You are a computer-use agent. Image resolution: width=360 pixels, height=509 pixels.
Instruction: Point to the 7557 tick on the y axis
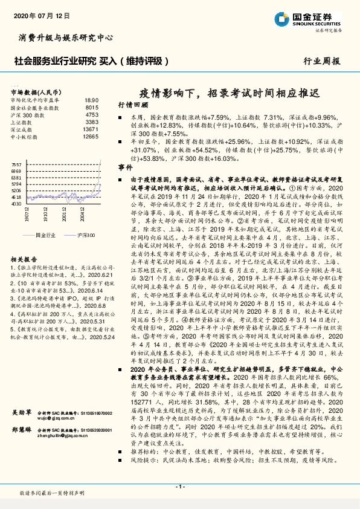17,164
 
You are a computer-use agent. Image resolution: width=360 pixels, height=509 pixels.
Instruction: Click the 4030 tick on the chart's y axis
17,204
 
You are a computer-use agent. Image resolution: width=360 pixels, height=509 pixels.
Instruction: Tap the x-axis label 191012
46,216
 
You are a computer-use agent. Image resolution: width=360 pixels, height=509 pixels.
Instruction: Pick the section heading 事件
125,166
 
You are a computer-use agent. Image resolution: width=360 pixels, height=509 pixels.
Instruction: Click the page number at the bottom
179,487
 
